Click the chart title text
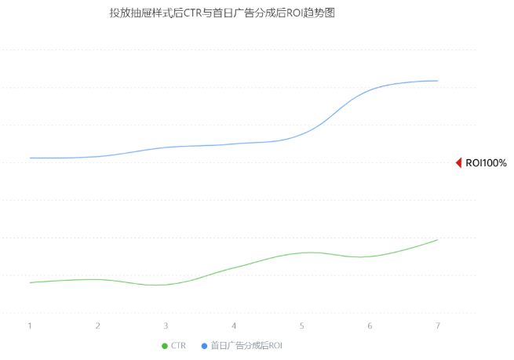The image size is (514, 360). [x=222, y=13]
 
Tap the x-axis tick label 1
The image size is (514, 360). [x=30, y=325]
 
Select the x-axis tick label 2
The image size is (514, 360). [x=98, y=325]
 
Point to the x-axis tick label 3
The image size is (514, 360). [x=166, y=325]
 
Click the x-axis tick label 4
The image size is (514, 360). [x=234, y=325]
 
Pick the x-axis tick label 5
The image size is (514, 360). [x=301, y=325]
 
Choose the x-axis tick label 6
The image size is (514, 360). [x=370, y=325]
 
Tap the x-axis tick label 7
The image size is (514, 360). [x=437, y=325]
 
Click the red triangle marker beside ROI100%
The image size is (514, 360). [x=458, y=163]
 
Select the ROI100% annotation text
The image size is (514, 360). [x=487, y=163]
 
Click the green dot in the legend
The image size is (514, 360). [x=164, y=346]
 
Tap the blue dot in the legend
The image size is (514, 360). [x=204, y=346]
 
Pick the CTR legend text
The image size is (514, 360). [x=178, y=346]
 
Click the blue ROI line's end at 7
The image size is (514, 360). [x=437, y=81]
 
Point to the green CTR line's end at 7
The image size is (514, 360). [x=437, y=239]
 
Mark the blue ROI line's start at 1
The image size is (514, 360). [x=30, y=158]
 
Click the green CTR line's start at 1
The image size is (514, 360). [x=30, y=282]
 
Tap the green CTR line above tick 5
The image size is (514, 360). [x=301, y=253]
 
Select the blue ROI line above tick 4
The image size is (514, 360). [x=234, y=144]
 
